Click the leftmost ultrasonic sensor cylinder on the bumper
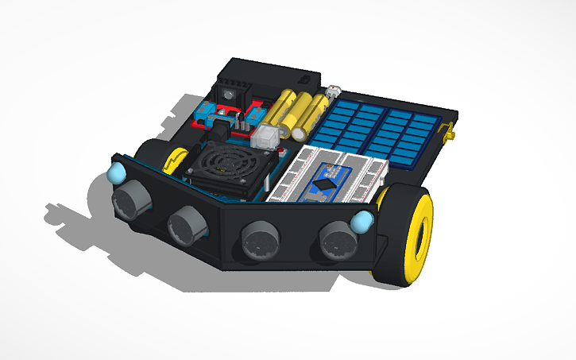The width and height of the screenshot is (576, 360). [130, 198]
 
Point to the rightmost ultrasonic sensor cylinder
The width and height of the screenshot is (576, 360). [336, 239]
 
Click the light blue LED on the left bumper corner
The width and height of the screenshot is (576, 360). [117, 171]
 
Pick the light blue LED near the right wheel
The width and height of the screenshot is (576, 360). [364, 221]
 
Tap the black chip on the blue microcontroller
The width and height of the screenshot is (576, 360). [324, 184]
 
